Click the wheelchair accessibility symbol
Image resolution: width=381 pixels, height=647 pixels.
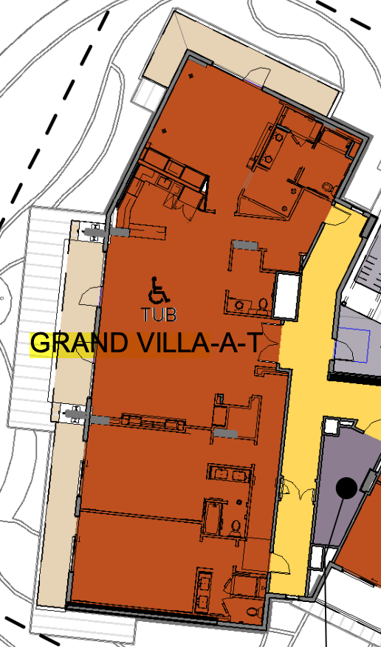coord(158,290)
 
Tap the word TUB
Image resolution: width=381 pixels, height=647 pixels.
coord(159,315)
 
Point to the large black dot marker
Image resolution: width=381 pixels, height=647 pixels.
coord(346,488)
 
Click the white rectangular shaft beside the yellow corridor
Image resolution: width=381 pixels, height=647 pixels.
coord(287,295)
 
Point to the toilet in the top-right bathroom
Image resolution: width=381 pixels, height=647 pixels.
coord(327,188)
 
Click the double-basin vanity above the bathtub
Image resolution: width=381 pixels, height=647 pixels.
coord(230,474)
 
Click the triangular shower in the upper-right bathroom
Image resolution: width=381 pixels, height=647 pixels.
coord(263,205)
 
